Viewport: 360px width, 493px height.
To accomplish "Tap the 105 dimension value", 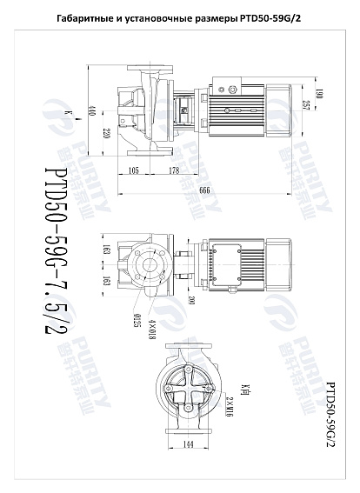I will point(134,170).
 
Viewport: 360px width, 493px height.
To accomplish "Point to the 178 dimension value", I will point(174,170).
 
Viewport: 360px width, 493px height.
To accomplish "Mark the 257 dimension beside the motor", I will point(304,104).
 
